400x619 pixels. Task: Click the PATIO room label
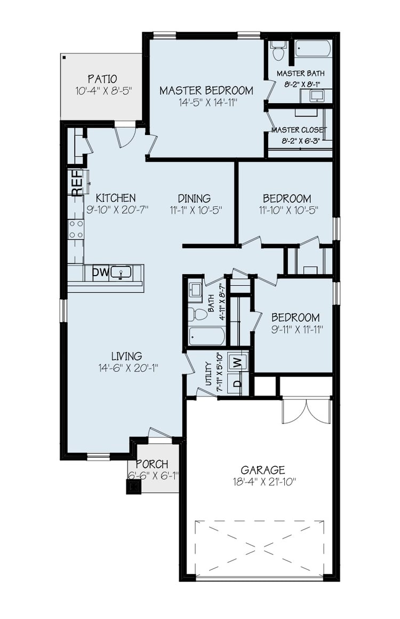pyautogui.click(x=102, y=79)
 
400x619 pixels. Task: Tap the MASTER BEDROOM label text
pyautogui.click(x=206, y=90)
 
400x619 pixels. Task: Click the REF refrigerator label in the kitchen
pyautogui.click(x=76, y=183)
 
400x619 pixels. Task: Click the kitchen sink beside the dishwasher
pyautogui.click(x=122, y=273)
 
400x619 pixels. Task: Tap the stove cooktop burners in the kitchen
pyautogui.click(x=76, y=230)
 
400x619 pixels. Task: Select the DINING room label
pyautogui.click(x=194, y=198)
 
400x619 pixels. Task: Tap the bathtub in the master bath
pyautogui.click(x=313, y=49)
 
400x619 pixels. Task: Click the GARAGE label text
pyautogui.click(x=262, y=470)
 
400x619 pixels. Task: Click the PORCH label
pyautogui.click(x=152, y=464)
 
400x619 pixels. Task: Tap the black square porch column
pyautogui.click(x=133, y=487)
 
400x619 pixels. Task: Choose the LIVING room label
pyautogui.click(x=126, y=356)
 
